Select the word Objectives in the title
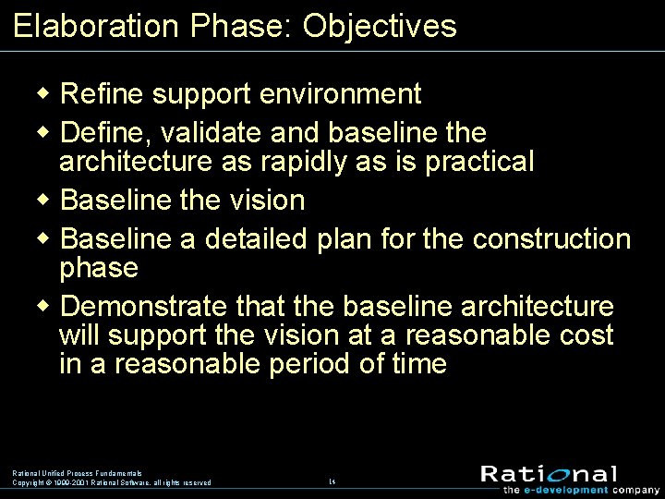(380, 26)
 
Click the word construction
(551, 239)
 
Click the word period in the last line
(309, 364)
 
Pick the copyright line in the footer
(111, 482)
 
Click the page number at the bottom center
(332, 481)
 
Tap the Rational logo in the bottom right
(549, 475)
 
